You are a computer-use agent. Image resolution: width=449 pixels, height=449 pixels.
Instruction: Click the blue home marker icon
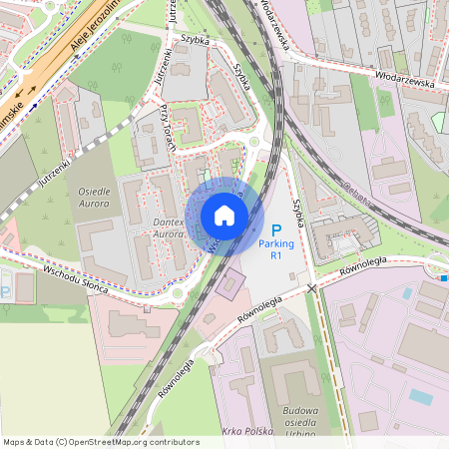point(224,216)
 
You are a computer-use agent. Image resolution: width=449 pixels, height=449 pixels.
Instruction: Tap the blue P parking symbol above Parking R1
point(276,229)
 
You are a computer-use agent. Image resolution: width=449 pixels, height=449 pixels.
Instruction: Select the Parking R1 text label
point(276,249)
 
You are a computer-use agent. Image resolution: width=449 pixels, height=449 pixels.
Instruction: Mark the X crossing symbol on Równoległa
point(312,287)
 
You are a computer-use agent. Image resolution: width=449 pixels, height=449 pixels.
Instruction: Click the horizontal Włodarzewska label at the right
point(405,80)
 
